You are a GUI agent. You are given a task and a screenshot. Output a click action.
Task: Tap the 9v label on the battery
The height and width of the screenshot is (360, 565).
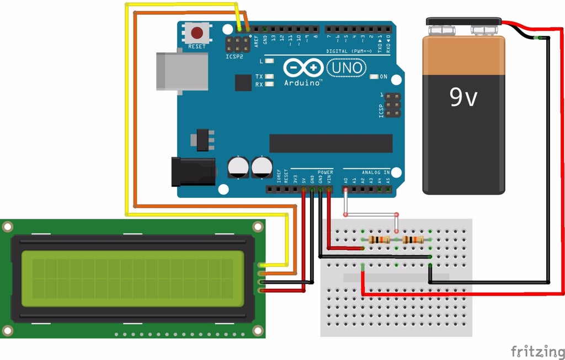coord(463,98)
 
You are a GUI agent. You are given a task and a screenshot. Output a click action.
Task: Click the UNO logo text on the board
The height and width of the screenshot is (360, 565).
coord(347,68)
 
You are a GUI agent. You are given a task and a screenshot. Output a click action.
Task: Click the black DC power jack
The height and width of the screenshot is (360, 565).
coord(193,171)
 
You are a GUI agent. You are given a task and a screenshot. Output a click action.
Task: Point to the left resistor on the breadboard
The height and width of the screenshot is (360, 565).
coord(379,239)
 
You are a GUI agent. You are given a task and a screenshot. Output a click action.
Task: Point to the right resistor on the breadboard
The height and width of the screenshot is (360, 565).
coord(413,239)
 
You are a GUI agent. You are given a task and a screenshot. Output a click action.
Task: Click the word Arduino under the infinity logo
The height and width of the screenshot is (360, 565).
coord(303,83)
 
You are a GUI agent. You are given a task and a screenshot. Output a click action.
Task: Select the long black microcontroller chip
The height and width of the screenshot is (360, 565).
coord(331,143)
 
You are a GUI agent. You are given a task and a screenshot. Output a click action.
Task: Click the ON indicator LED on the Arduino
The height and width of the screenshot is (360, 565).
coord(375,77)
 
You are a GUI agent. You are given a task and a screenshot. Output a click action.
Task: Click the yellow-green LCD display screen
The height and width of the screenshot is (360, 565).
coord(132,279)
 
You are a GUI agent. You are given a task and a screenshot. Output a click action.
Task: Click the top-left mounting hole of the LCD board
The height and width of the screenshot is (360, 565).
coord(8,227)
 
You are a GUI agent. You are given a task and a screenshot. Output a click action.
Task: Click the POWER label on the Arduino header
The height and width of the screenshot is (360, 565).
coord(325,172)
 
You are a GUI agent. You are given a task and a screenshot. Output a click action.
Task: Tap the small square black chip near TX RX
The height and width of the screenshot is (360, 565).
coord(243,83)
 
